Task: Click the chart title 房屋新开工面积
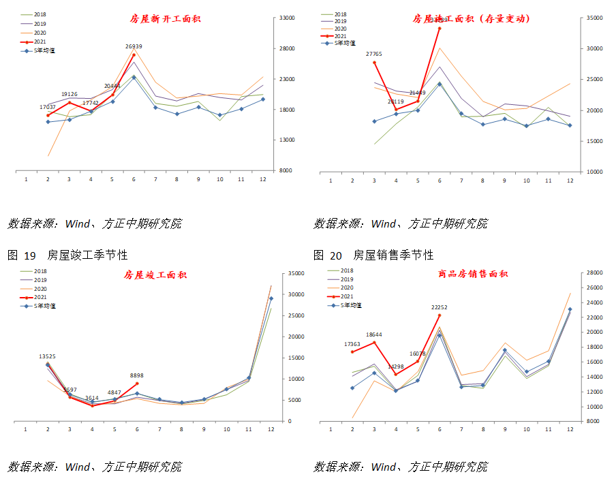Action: coord(165,19)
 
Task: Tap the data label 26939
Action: coord(134,46)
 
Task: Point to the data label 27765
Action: coord(374,53)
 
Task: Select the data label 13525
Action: coord(48,356)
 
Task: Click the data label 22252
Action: coord(440,307)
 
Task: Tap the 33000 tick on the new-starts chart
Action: coord(285,18)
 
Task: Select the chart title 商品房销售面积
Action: coord(473,274)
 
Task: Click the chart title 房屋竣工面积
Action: coord(155,275)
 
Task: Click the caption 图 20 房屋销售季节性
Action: coord(373,255)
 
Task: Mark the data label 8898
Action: coord(136,375)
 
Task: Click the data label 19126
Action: coord(70,94)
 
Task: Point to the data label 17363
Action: coord(353,344)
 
